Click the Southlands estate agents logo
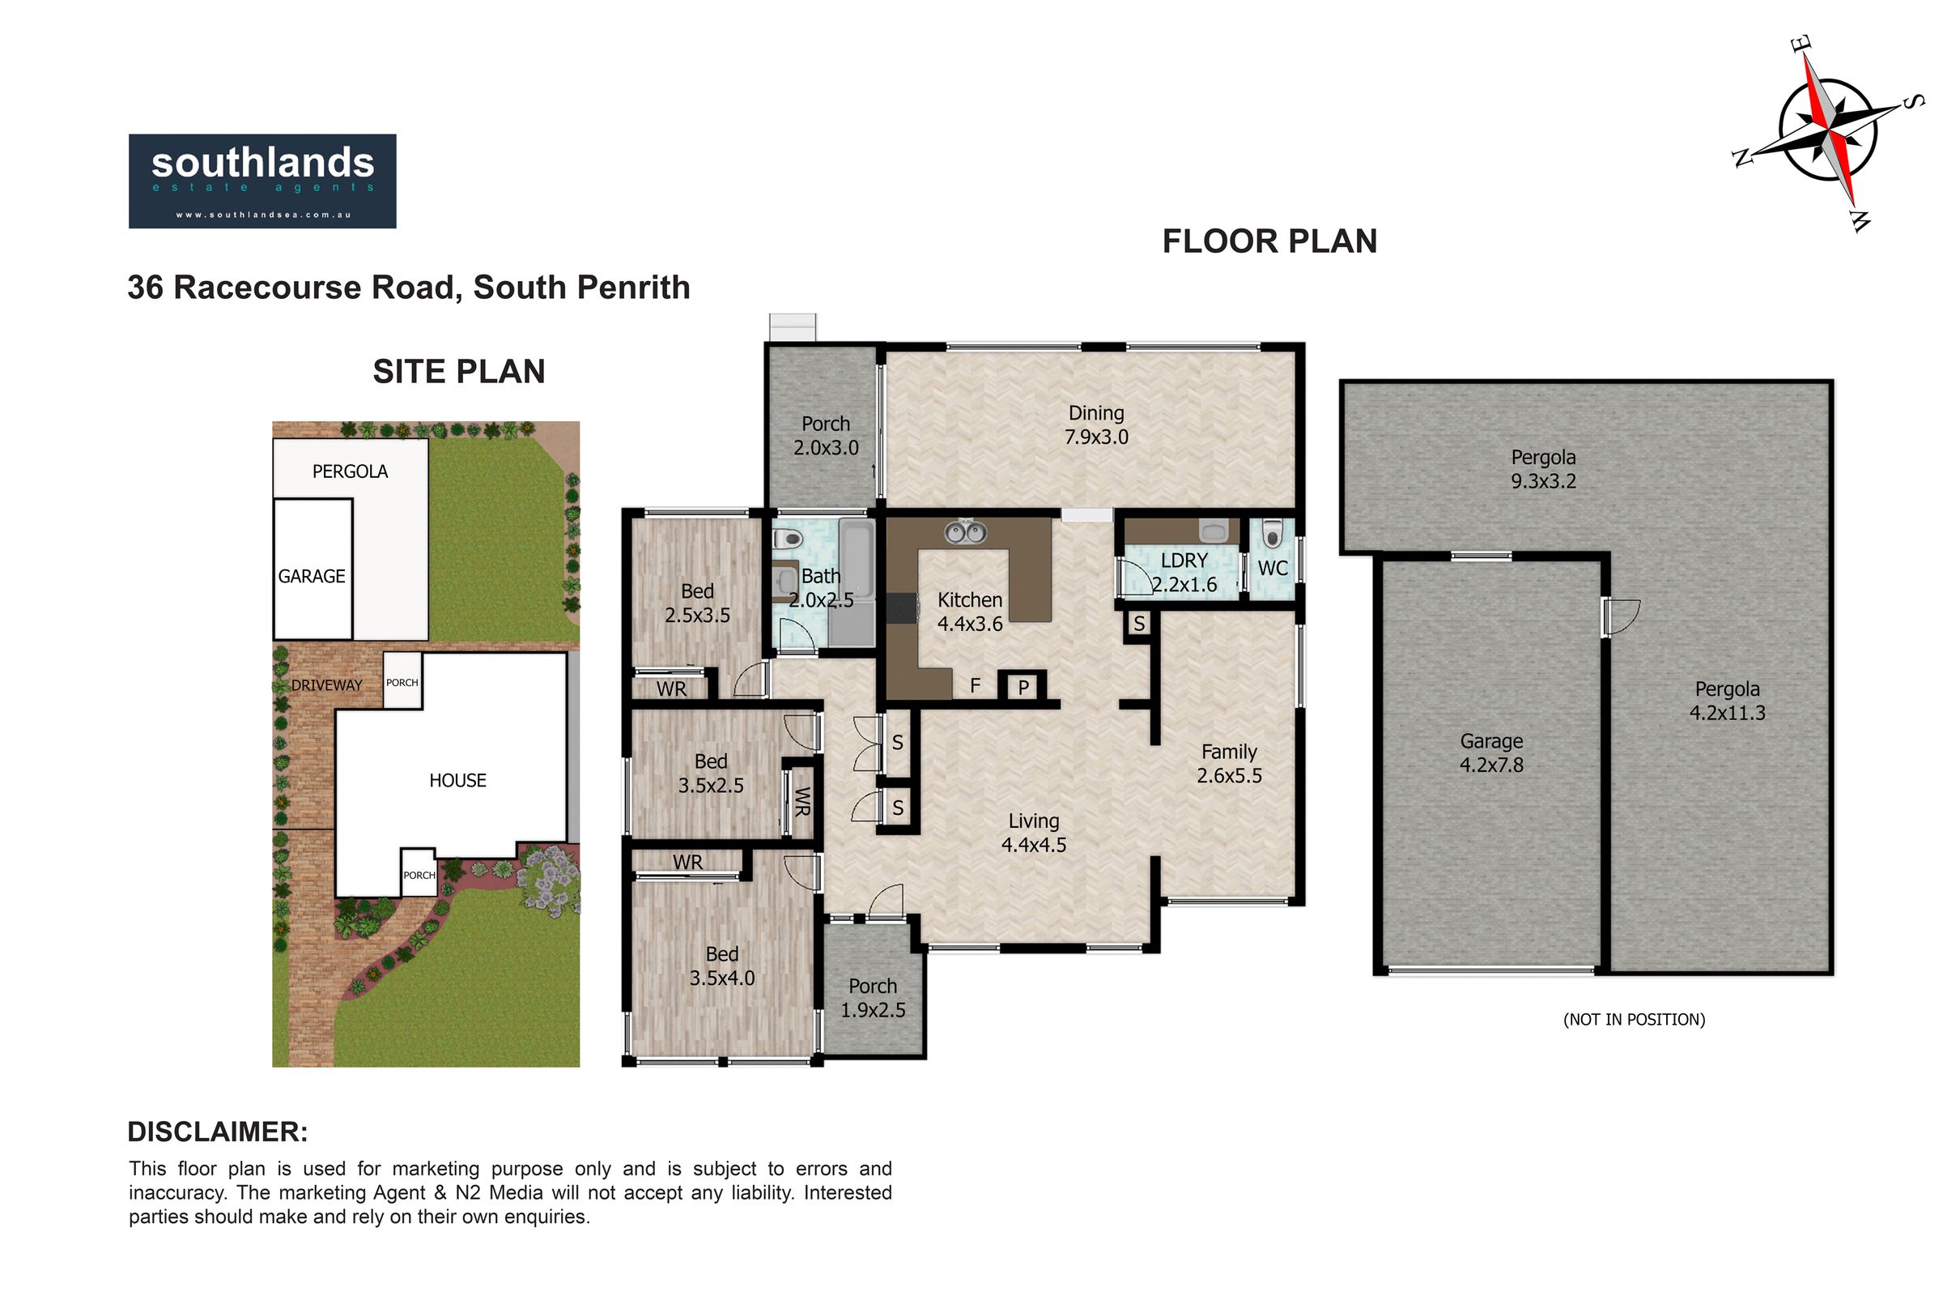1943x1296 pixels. click(x=261, y=181)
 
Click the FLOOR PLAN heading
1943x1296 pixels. click(x=1269, y=241)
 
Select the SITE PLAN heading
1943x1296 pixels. click(x=458, y=372)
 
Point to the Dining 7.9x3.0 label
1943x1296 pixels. click(x=1096, y=424)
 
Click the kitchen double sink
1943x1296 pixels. click(x=966, y=532)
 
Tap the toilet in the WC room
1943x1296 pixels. click(x=1272, y=534)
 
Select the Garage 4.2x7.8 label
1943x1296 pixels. click(x=1491, y=753)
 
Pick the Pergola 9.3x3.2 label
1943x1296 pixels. click(x=1543, y=470)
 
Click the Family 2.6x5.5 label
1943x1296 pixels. click(x=1229, y=764)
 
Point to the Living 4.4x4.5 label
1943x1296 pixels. click(x=1034, y=833)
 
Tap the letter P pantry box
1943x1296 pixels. click(x=1023, y=687)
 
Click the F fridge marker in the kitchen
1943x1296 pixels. click(x=975, y=685)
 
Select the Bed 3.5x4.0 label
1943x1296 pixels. click(x=722, y=966)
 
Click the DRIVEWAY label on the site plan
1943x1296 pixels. click(x=326, y=685)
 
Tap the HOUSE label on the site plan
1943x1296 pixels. click(x=457, y=780)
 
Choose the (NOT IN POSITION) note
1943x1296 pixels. click(x=1634, y=1020)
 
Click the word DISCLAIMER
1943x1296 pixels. click(x=217, y=1132)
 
